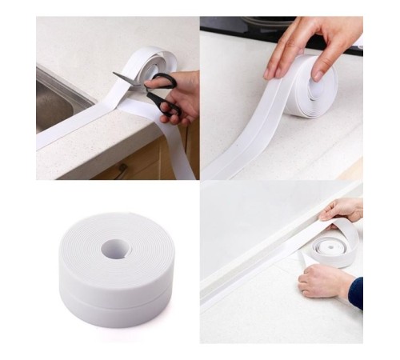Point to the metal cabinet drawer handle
[x=120, y=170]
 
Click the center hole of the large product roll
[x=115, y=248]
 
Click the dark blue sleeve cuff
[x=355, y=294]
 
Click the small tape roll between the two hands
[x=333, y=243]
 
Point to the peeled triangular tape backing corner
[x=309, y=259]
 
